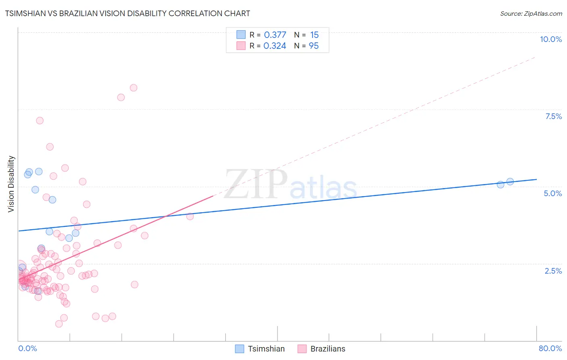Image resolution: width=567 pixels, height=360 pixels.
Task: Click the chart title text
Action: coord(127,13)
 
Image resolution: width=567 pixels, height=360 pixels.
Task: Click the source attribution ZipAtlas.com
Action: coord(531,13)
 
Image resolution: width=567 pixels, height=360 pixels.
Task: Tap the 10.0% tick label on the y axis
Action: coord(550,39)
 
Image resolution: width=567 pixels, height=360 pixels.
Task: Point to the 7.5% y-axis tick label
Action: coord(553,116)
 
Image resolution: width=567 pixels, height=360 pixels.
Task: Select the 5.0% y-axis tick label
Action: coord(552,193)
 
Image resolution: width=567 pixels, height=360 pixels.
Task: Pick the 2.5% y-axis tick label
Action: coord(553,271)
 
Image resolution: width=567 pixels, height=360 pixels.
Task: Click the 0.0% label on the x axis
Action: coord(27,348)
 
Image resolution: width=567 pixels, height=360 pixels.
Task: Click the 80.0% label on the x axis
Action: coord(550,348)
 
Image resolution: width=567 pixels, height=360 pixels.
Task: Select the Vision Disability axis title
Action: coord(11,184)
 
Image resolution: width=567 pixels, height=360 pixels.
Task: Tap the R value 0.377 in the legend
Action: coord(275,35)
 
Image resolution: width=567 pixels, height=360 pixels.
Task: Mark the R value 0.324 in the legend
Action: coord(275,46)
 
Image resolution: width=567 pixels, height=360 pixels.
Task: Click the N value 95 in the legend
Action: coord(313,46)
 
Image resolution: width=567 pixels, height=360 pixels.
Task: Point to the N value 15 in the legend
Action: coord(314,35)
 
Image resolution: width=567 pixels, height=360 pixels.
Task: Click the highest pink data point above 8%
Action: coord(133,88)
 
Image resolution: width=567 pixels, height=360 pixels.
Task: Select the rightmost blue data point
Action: coord(510,182)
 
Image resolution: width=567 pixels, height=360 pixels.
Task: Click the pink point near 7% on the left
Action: coord(40,121)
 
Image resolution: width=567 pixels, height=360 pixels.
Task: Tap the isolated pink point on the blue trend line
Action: coord(190,216)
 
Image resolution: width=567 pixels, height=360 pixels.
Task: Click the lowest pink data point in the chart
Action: coord(59,324)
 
